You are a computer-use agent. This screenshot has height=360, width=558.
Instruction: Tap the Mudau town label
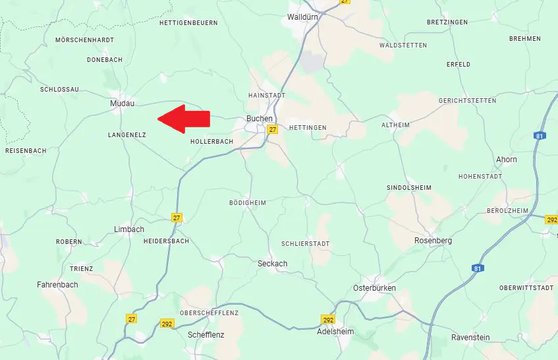tap(122, 104)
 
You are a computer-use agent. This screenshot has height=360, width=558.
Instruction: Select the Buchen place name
tap(259, 119)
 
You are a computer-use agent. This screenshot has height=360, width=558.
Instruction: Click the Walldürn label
tap(304, 18)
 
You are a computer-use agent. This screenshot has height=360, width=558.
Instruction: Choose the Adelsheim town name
tap(335, 331)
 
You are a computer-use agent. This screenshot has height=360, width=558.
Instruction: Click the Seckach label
tap(272, 264)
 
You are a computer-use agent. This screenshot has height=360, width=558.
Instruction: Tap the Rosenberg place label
tap(433, 241)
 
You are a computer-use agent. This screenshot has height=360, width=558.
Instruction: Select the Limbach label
tap(129, 229)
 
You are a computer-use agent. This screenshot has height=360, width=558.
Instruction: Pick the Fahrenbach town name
tap(57, 285)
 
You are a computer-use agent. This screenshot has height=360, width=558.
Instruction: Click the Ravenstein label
tap(470, 338)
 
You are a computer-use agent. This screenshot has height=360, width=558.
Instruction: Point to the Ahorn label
tap(506, 160)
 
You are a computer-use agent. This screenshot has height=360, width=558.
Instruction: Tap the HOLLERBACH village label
tap(211, 142)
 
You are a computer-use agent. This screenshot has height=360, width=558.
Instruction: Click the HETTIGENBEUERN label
tap(188, 23)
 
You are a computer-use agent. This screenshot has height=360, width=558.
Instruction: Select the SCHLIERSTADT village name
tap(305, 243)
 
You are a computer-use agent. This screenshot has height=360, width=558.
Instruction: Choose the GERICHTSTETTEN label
tap(467, 100)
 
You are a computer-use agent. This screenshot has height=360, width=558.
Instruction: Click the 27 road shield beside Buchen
tap(272, 130)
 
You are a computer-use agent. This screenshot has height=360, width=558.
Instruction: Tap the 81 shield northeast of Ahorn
tap(540, 136)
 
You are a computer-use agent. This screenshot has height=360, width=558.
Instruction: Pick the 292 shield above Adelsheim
tap(328, 320)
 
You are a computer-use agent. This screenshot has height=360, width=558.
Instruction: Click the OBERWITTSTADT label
tap(526, 287)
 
